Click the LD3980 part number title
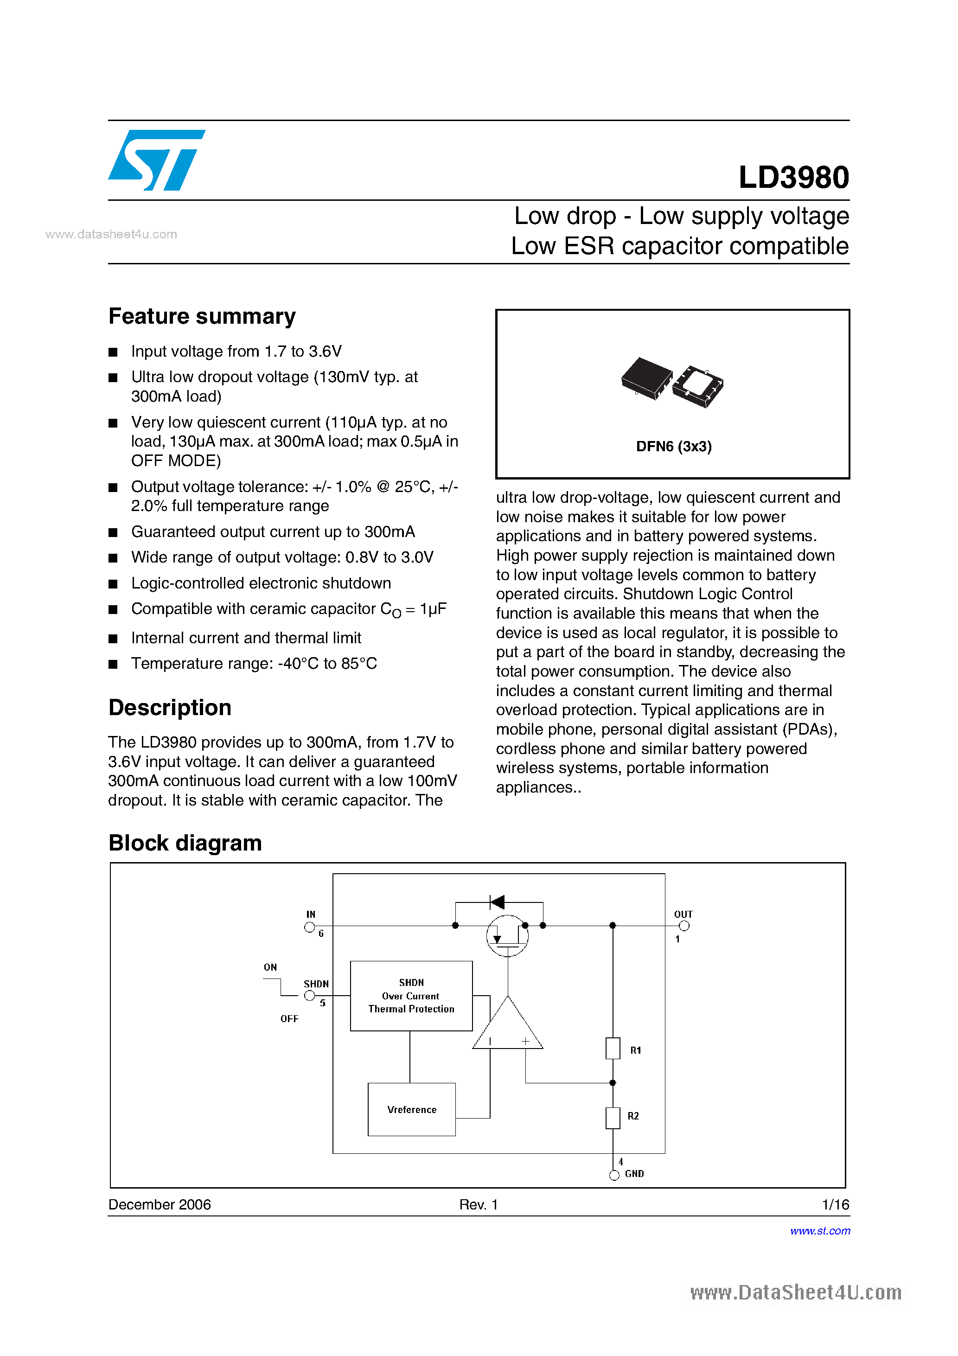click(x=793, y=177)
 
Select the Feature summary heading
click(x=202, y=317)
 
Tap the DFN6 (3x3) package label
click(x=673, y=447)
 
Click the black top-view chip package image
click(x=647, y=378)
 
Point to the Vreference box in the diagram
click(x=412, y=1109)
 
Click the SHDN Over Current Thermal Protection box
click(x=411, y=996)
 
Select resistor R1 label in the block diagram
click(x=636, y=1050)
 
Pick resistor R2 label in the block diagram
click(x=633, y=1116)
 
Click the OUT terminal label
click(x=683, y=914)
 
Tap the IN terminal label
click(x=311, y=914)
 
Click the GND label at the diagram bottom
click(x=634, y=1173)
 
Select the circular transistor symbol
click(x=507, y=935)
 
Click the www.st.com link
click(x=820, y=1231)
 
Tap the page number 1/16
click(x=835, y=1204)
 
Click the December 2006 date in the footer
click(x=160, y=1204)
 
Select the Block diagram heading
click(x=185, y=843)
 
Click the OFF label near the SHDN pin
click(x=289, y=1019)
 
